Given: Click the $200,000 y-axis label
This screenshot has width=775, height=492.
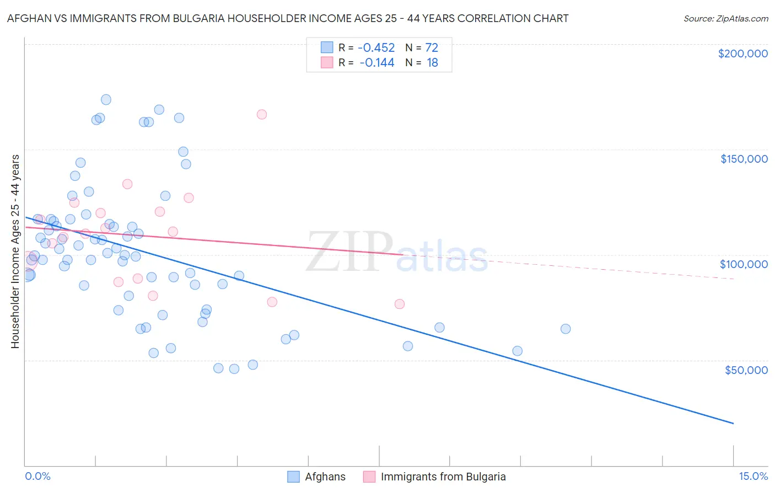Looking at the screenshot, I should point(742,54).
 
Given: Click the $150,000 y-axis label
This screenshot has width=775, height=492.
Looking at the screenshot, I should point(744,159).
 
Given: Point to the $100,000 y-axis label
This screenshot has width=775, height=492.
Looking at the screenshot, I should point(744,264).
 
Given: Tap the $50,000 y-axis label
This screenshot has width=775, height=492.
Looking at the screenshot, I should point(746,370).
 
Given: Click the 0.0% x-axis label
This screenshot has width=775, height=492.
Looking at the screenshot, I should point(37,476).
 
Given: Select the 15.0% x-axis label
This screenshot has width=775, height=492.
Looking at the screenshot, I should point(753,476).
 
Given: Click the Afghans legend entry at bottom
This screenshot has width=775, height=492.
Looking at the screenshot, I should point(317,477).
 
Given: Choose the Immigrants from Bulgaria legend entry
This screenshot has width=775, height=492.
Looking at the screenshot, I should point(435,477).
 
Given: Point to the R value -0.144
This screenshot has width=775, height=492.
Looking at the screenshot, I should point(378,63).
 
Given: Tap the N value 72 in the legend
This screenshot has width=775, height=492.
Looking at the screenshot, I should point(432,48).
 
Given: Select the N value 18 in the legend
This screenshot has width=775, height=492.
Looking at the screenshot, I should point(432,63).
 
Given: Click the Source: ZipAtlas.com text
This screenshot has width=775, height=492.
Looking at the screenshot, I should point(726,19).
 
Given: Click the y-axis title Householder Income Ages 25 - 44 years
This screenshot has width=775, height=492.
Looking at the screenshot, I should point(15,252).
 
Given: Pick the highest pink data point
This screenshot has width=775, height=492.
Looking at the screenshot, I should point(262,114).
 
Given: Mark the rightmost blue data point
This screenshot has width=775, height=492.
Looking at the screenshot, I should point(566,329).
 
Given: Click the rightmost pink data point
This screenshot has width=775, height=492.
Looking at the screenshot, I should point(400,304).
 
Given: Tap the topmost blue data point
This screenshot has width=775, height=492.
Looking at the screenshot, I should point(106,100).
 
